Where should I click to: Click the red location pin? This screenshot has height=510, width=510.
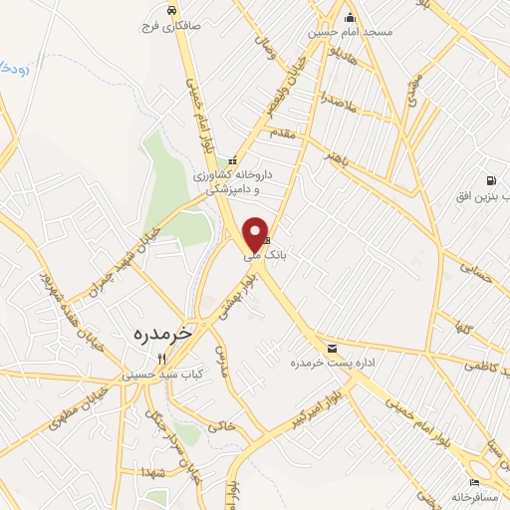(255, 233)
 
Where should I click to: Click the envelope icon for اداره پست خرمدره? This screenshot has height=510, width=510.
(332, 349)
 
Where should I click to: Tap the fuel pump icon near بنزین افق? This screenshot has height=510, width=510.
(491, 180)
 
